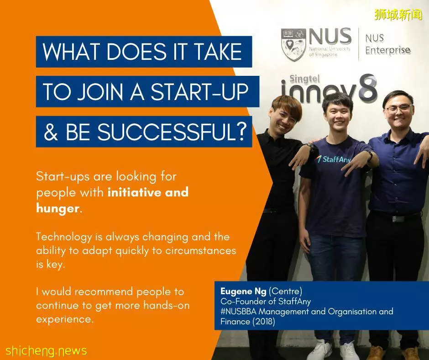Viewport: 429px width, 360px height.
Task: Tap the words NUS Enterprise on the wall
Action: (x=387, y=44)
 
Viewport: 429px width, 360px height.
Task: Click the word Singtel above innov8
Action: (x=304, y=79)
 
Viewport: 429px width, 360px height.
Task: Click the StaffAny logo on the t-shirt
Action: (x=334, y=159)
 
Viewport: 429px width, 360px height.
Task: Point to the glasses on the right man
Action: (x=399, y=108)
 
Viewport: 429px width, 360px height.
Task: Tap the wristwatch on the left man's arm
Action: (x=311, y=147)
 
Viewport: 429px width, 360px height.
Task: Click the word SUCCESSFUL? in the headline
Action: (x=172, y=132)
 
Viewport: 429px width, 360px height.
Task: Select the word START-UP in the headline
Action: (x=200, y=92)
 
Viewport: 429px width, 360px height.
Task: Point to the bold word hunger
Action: (x=58, y=208)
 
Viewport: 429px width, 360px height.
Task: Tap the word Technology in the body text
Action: (x=64, y=237)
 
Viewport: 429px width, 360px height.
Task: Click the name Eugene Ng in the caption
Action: (x=243, y=291)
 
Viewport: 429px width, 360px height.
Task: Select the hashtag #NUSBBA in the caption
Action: (x=239, y=312)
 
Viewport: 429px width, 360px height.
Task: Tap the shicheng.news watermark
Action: (x=46, y=351)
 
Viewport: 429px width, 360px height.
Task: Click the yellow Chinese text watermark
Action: (x=398, y=15)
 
